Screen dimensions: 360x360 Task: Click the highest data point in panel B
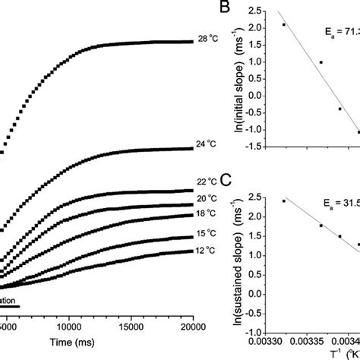(284, 24)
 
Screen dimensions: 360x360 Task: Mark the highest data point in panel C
(284, 201)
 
